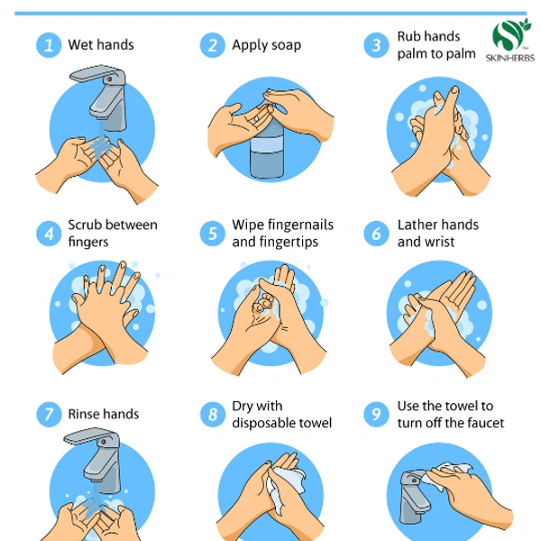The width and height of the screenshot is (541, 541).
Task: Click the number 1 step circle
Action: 49,45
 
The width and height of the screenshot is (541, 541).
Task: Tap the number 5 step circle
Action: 213,234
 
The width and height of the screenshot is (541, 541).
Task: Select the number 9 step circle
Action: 376,415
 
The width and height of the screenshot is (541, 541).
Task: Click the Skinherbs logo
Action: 510,41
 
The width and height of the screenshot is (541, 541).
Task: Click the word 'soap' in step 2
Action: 286,46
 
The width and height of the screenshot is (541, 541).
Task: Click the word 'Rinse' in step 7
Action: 83,414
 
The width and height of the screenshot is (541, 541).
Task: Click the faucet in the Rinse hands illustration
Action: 96,460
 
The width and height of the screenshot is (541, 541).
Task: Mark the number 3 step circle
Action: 376,45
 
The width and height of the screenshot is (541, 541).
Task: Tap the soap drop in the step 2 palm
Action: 257,118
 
